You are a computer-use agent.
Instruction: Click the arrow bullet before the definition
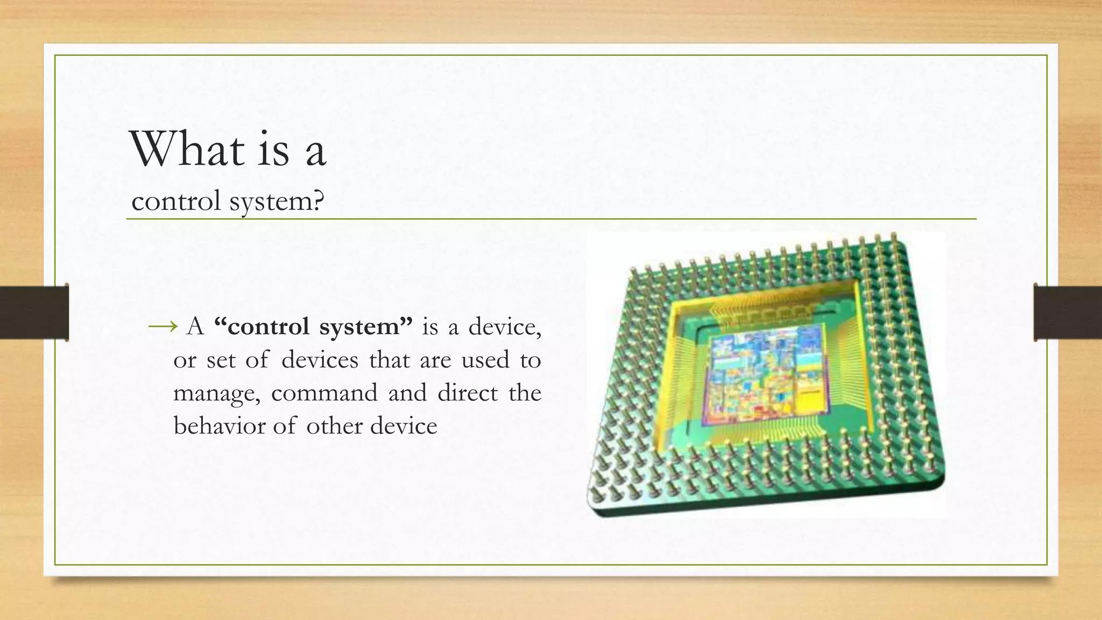point(163,326)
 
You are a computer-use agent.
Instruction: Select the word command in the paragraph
point(324,392)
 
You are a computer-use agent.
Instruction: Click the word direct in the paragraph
point(467,392)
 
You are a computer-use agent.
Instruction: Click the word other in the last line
point(334,426)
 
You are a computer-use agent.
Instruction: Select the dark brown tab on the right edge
point(1068,312)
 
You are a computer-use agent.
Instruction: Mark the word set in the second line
point(221,360)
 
